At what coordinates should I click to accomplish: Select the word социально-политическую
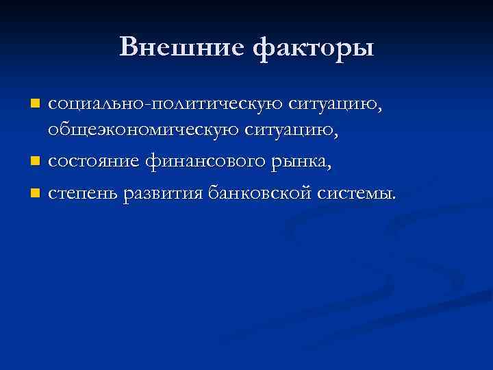click(163, 105)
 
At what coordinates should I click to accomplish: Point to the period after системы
click(394, 199)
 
